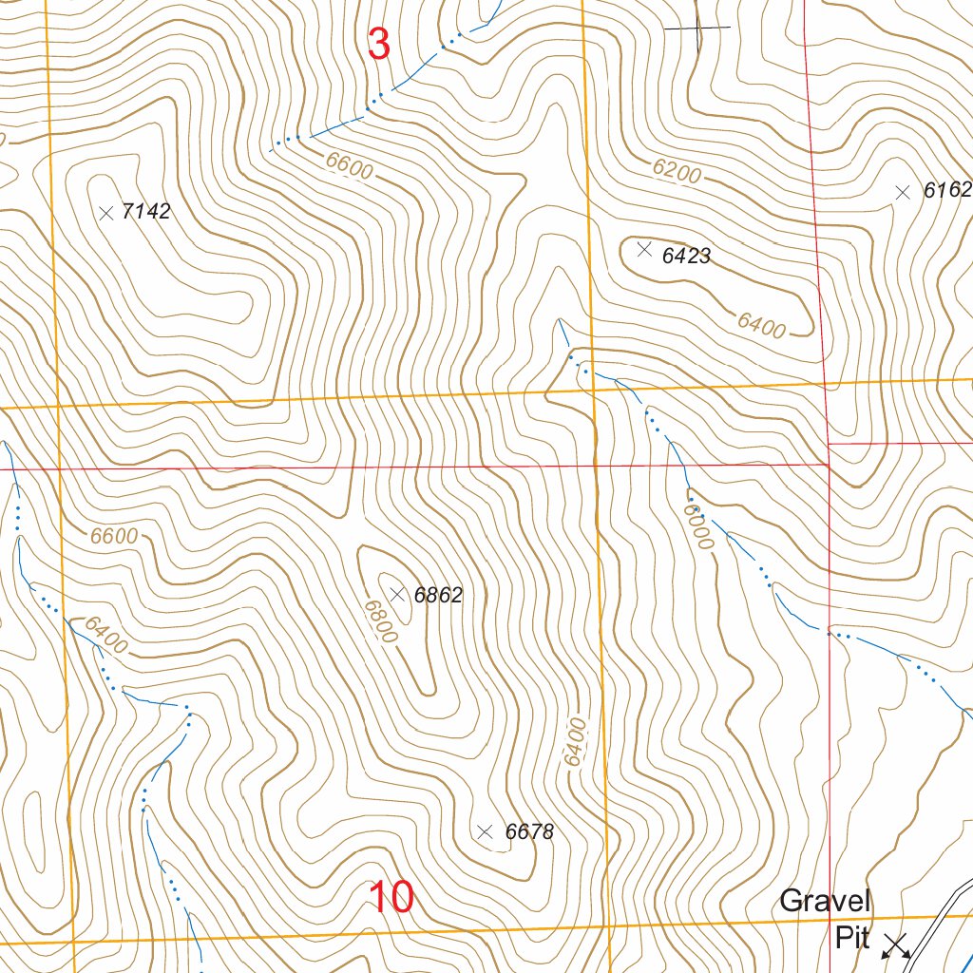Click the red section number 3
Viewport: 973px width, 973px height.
tap(378, 45)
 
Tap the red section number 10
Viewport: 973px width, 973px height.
tap(391, 898)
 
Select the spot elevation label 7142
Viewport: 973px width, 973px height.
tap(146, 212)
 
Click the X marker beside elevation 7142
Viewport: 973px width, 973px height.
tap(105, 212)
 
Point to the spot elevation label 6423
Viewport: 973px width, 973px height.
tap(686, 256)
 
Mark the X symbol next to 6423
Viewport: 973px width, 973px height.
tap(644, 249)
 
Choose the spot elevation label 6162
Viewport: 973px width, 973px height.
tap(947, 191)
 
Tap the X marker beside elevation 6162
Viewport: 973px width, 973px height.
tap(903, 192)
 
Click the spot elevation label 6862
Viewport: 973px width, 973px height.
tap(438, 596)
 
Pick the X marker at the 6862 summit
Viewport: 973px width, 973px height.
tap(398, 595)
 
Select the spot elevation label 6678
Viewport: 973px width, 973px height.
tap(529, 832)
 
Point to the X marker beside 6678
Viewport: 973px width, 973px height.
tap(485, 831)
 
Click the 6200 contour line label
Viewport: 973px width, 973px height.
tap(677, 171)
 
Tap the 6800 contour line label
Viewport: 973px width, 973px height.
tap(379, 620)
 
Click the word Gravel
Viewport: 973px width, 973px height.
tap(825, 901)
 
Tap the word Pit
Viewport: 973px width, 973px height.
tap(852, 939)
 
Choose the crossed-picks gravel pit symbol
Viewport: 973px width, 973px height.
tap(896, 944)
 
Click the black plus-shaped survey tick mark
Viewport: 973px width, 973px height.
tap(697, 29)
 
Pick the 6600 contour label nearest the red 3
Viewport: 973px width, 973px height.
tap(349, 167)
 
